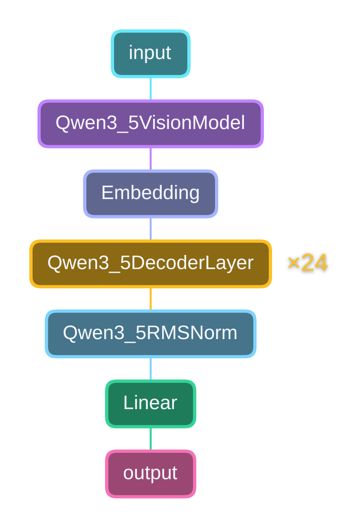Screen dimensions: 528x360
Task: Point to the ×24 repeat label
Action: [x=307, y=263]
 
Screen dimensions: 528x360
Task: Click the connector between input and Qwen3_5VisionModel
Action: [x=151, y=89]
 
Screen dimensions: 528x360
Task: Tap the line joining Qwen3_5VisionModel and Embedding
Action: [x=151, y=159]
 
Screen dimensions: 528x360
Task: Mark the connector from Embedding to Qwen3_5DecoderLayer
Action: [x=151, y=229]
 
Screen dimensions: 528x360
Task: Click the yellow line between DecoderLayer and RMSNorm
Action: [x=151, y=299]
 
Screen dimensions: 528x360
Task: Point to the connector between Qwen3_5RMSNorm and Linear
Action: [x=151, y=369]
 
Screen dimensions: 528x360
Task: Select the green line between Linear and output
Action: [x=151, y=439]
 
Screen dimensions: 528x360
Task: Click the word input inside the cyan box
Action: [x=150, y=53]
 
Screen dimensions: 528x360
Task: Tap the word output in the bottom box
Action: [x=150, y=473]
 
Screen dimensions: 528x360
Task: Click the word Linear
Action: [x=150, y=403]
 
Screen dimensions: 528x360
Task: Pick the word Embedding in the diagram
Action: [x=150, y=193]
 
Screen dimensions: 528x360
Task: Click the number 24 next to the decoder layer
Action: [x=314, y=263]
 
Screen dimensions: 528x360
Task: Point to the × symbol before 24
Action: [x=294, y=263]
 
